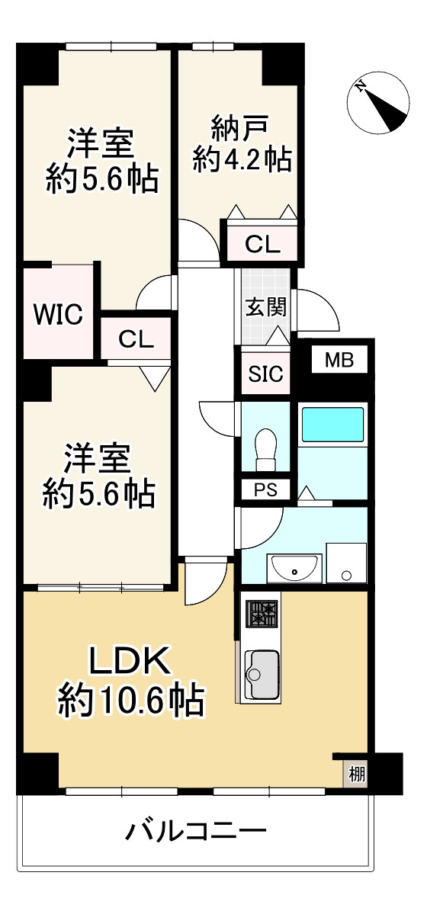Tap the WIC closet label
pos(58,314)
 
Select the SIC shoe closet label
pos(265,374)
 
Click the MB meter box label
pos(339,360)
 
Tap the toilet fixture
pos(266,451)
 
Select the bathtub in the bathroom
pos(333,425)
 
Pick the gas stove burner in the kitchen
pos(262,613)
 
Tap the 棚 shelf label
pos(356,775)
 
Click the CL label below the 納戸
pos(262,245)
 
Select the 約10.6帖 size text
pos(131,700)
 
